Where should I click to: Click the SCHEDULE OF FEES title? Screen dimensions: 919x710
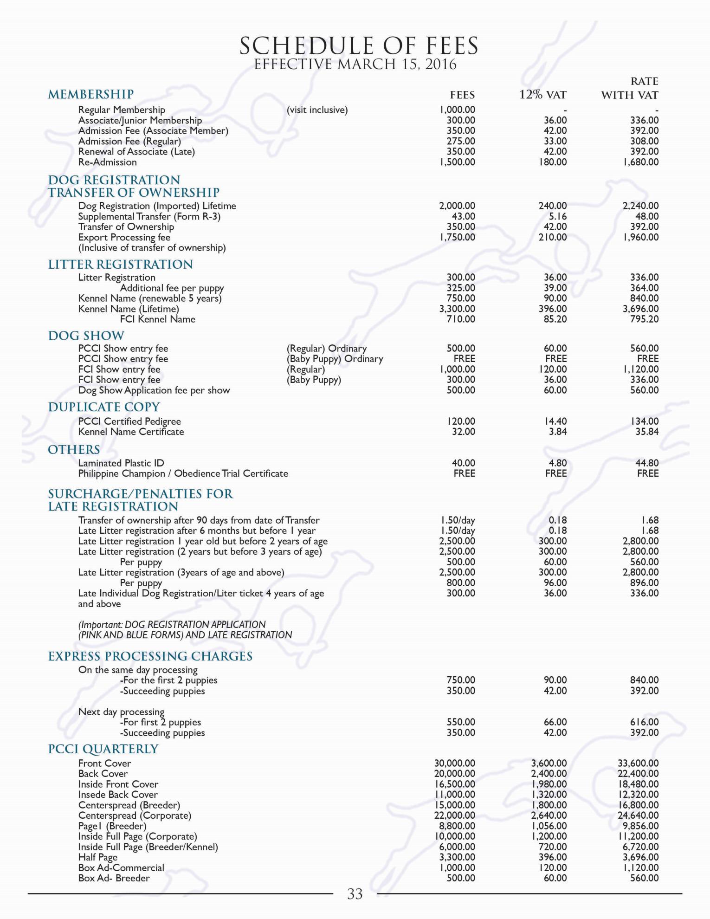(358, 45)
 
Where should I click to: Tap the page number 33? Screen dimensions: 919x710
(355, 894)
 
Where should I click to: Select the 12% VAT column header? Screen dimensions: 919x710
(542, 95)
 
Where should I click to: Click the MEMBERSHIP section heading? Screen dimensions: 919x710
(91, 94)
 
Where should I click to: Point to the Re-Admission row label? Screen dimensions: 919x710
(107, 162)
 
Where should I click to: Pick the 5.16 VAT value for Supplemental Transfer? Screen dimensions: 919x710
(557, 216)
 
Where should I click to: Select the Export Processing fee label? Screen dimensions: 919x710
(124, 237)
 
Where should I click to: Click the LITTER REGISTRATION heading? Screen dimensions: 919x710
(121, 264)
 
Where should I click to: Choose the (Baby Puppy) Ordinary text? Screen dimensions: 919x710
(335, 359)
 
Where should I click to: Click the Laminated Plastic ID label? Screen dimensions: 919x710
(121, 463)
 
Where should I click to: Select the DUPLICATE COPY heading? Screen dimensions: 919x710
(104, 407)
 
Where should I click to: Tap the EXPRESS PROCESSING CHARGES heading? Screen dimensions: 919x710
(150, 656)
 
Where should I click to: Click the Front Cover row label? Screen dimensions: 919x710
(104, 763)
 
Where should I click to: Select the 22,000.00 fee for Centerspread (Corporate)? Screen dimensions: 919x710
(455, 815)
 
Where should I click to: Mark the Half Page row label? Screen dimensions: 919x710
(97, 857)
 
